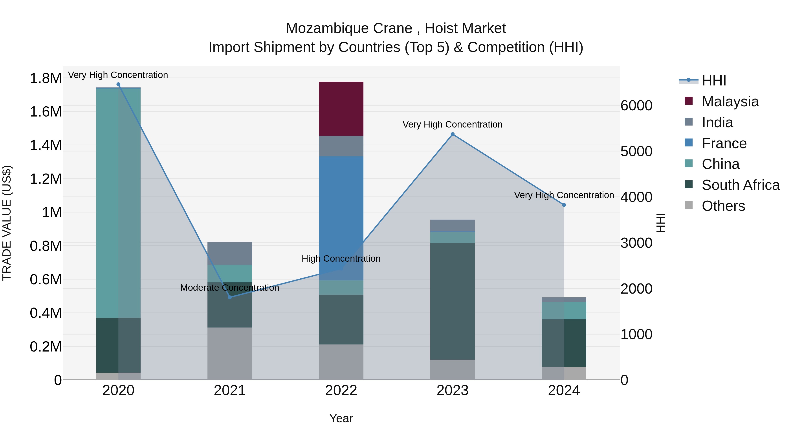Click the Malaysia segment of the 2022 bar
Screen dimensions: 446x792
[341, 109]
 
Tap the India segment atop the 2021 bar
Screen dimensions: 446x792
[230, 253]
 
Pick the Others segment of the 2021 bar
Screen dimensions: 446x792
[230, 353]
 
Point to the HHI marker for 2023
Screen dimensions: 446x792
[452, 134]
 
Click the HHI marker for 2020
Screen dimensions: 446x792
[118, 84]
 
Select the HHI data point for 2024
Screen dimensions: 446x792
[564, 205]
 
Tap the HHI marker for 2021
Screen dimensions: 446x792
[230, 297]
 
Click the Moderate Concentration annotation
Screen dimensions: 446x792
[230, 288]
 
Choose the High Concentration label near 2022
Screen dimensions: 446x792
[341, 259]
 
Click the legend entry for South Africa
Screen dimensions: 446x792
[740, 185]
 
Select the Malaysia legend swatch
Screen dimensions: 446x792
[688, 101]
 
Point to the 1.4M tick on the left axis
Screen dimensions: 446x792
[46, 145]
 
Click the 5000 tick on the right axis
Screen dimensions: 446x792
[636, 152]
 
